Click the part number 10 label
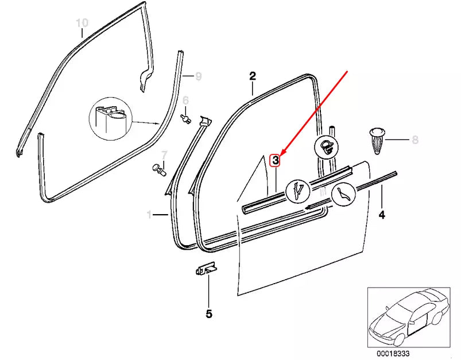point(82,23)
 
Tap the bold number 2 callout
point(252,75)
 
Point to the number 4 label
point(382,215)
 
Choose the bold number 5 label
point(209,314)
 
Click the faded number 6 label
point(185,100)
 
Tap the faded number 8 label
point(415,140)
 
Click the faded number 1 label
point(149,215)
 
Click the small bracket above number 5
point(206,268)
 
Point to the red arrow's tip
point(281,153)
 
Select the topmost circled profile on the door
point(326,146)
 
